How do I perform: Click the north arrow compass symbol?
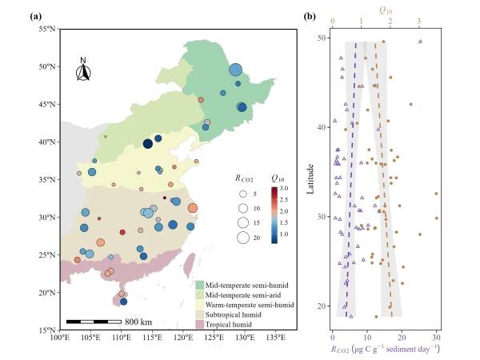coord(83,71)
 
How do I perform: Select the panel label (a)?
coord(58,15)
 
